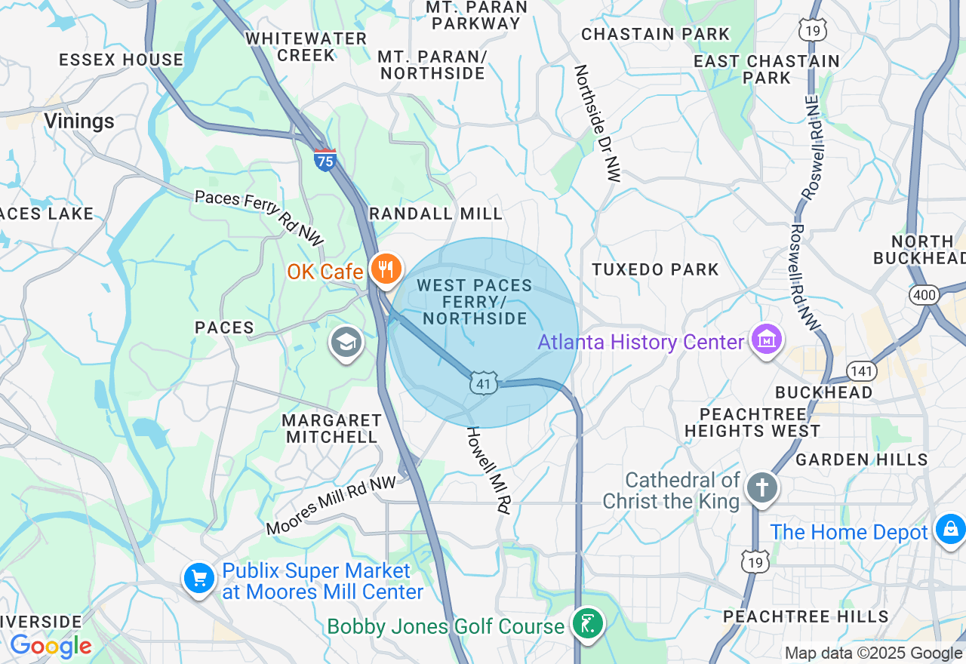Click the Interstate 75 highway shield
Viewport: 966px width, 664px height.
tap(325, 159)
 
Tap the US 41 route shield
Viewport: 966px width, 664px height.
tap(484, 383)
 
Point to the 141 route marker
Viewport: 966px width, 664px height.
tap(861, 370)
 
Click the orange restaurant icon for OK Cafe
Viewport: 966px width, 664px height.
tap(386, 269)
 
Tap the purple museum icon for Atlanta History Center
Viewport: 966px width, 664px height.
tap(766, 340)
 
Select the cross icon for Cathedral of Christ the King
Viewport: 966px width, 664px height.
tap(762, 487)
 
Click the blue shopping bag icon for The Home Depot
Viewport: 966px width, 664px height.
tap(950, 529)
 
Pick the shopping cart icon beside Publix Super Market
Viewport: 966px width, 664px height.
tap(199, 579)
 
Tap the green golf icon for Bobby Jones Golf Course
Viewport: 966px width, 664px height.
tap(588, 623)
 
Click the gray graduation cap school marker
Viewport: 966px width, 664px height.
tap(346, 343)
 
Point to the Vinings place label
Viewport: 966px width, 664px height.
tap(79, 121)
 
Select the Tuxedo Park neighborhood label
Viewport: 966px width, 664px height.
tap(655, 269)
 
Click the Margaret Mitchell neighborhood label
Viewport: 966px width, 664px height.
tap(331, 428)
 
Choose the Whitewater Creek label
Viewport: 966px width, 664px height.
tap(306, 47)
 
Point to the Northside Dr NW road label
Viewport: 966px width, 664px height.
tap(596, 123)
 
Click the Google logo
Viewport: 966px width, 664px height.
tap(51, 646)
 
